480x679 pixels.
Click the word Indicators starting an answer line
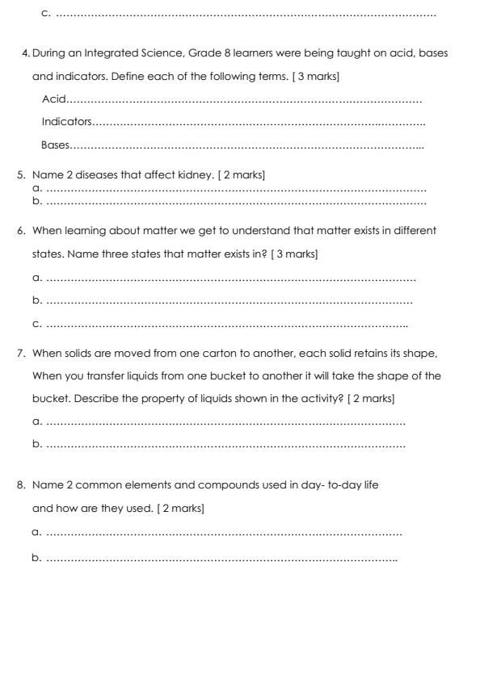(66, 123)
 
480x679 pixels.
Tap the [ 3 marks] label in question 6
(294, 254)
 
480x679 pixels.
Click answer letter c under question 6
(36, 324)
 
